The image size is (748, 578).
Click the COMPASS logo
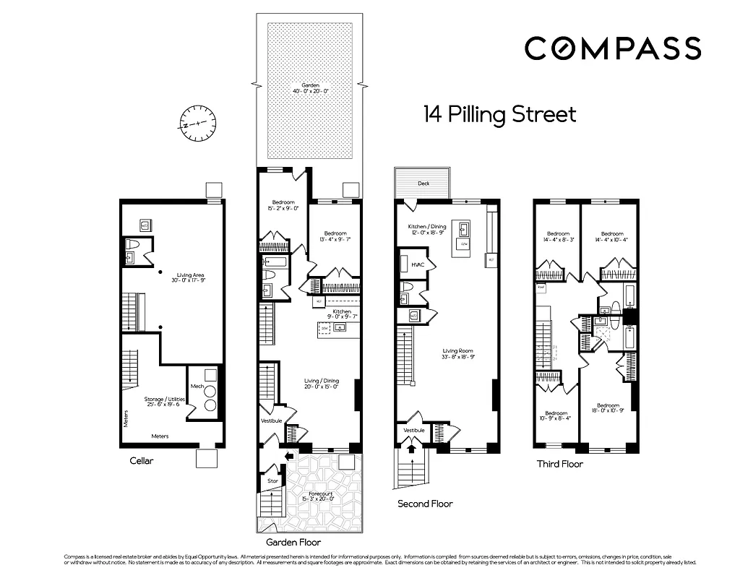point(612,48)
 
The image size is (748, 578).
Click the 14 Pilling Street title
point(499,115)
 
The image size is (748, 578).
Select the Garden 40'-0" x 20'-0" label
point(310,88)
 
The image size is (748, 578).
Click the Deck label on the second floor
point(424,184)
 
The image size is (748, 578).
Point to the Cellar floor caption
point(142,461)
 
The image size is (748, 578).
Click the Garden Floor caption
point(293,541)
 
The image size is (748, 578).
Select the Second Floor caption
point(425,504)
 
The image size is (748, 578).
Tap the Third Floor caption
point(559,464)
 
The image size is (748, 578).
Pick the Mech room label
point(197,387)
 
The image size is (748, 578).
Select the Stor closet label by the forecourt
point(272,480)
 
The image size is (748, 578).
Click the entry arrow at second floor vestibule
point(412,449)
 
